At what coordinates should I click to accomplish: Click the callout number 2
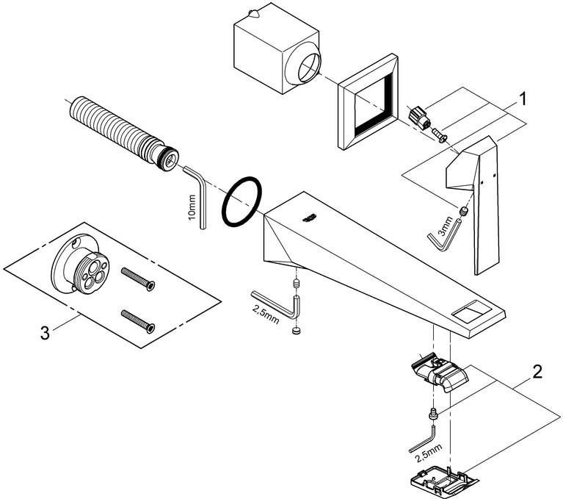(537, 371)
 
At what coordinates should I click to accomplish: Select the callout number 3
(45, 331)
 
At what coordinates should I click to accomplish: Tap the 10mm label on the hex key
(192, 208)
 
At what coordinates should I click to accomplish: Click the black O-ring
(241, 201)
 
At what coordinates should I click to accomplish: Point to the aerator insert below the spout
(439, 373)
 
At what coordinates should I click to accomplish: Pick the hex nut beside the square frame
(418, 116)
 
